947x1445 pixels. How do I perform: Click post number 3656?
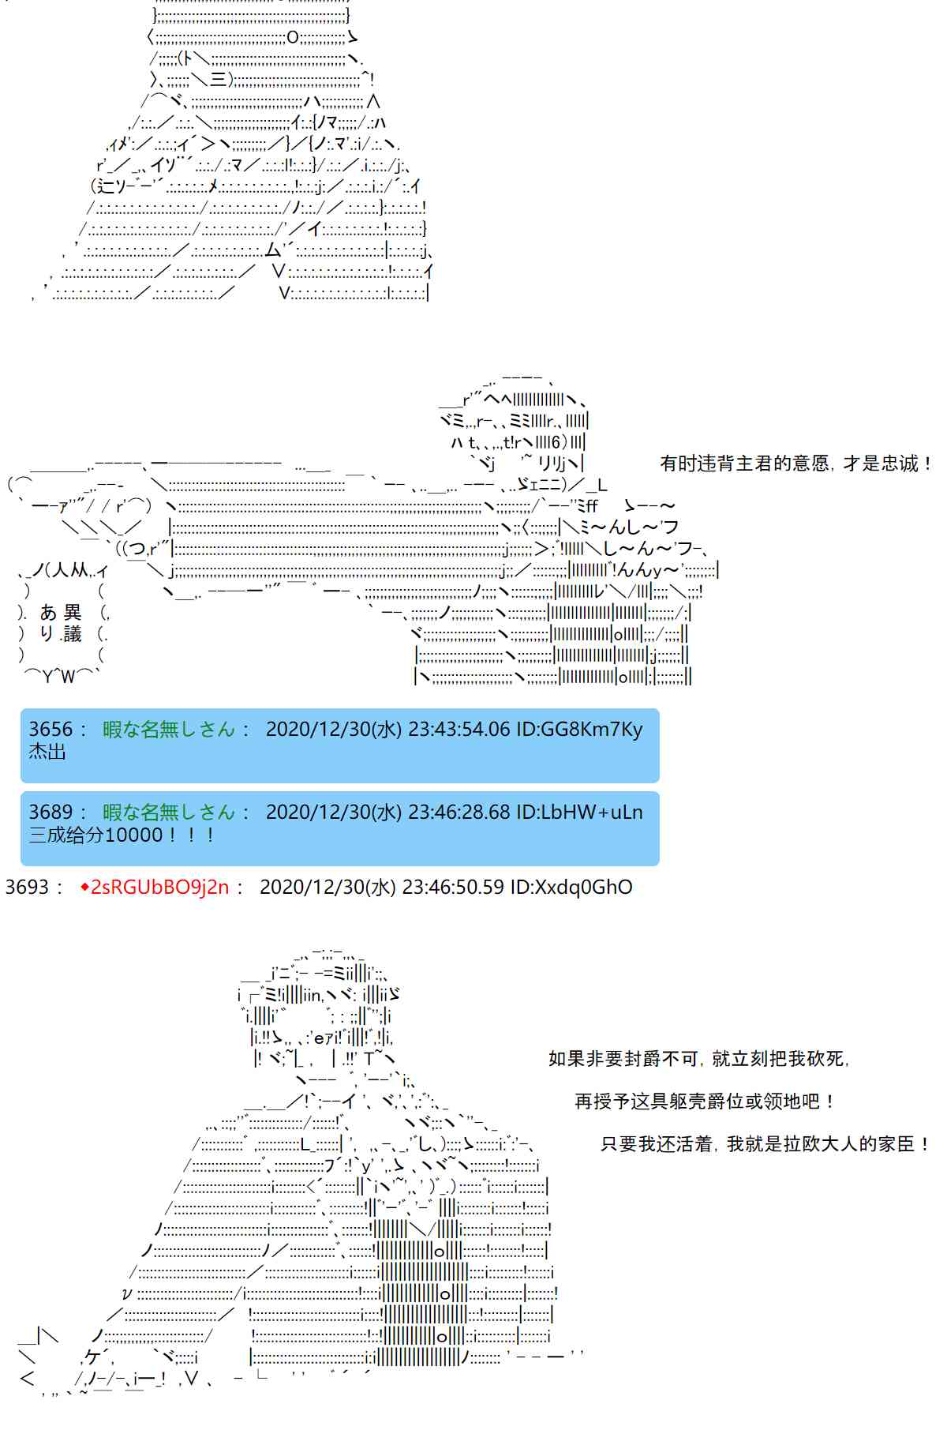coord(51,729)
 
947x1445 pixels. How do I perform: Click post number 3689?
coord(51,812)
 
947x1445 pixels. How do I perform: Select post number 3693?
coord(28,887)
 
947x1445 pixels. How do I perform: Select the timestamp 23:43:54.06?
coord(459,729)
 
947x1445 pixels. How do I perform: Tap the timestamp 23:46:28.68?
coord(459,812)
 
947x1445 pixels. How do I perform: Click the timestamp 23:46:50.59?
coord(453,887)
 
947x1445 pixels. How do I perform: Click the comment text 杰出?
coord(47,752)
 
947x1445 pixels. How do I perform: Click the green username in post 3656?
coord(169,729)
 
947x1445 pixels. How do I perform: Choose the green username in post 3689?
coord(169,812)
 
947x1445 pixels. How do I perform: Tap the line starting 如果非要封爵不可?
coord(699,1059)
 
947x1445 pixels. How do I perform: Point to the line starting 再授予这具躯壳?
coord(705,1102)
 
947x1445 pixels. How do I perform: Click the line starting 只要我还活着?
coord(765,1144)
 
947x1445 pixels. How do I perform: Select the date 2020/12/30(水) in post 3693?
coord(328,887)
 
